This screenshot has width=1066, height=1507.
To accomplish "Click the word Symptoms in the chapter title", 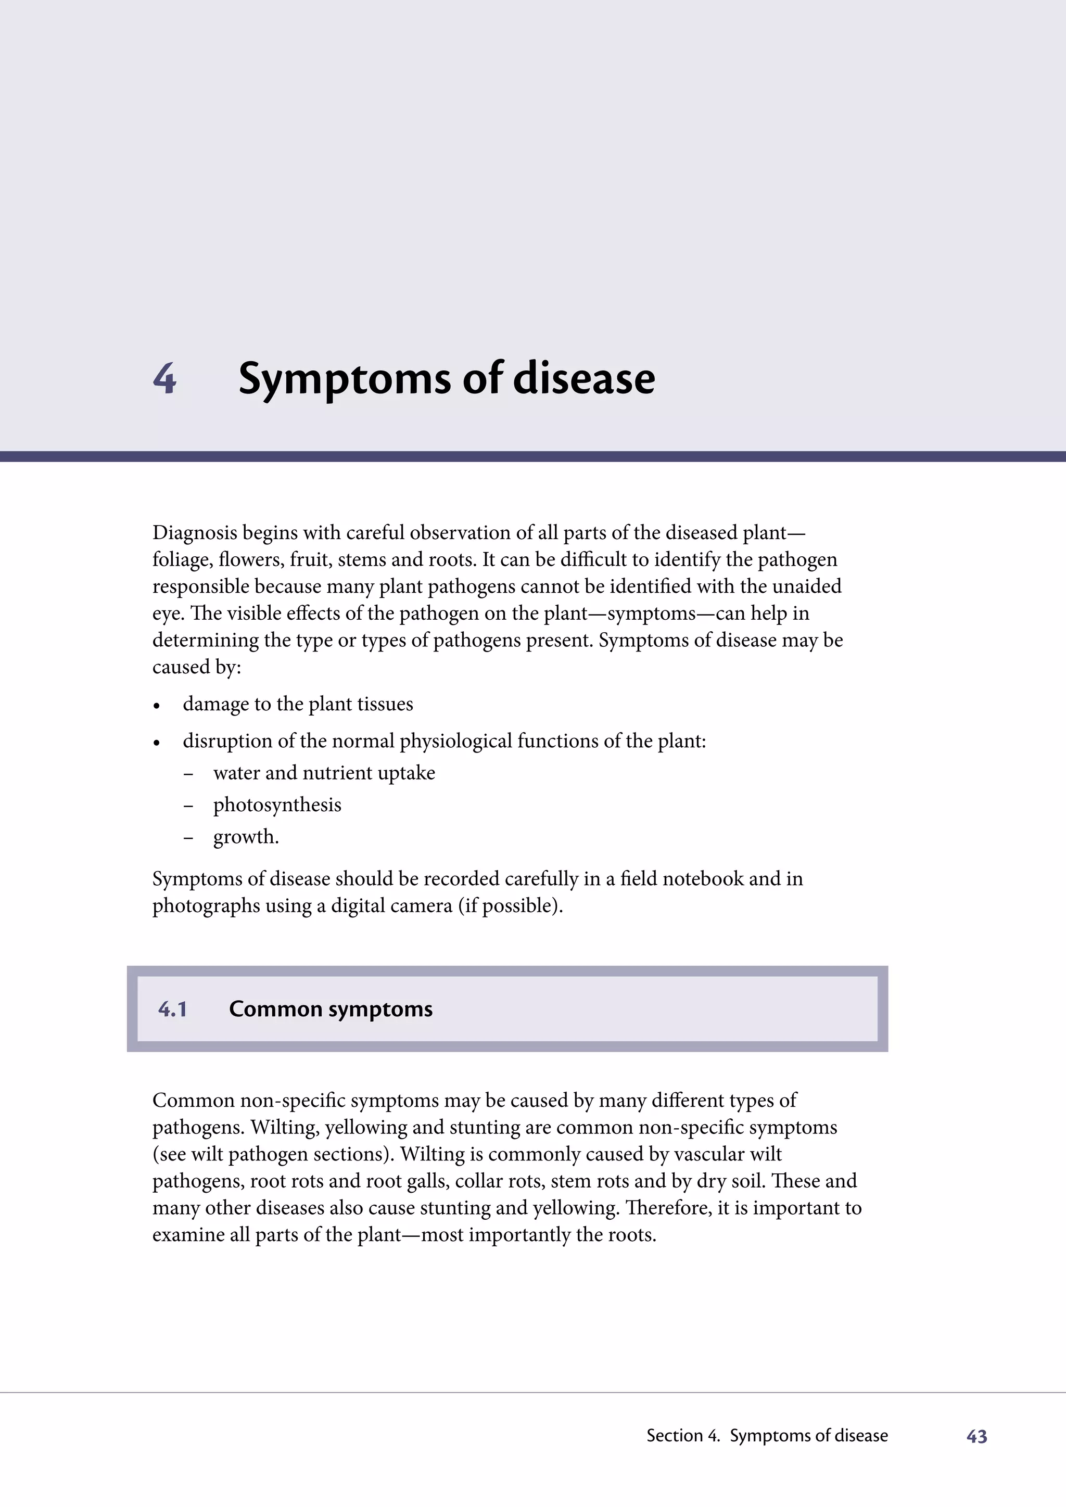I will pyautogui.click(x=345, y=380).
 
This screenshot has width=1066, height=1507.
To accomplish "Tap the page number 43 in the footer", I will pyautogui.click(x=976, y=1437).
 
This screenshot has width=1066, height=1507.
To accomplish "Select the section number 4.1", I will pyautogui.click(x=173, y=1009).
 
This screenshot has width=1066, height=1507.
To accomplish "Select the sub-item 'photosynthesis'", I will pyautogui.click(x=277, y=804).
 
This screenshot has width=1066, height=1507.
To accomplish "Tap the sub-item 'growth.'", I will pyautogui.click(x=246, y=837).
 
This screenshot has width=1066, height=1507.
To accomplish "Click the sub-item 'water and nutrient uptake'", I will pyautogui.click(x=324, y=773).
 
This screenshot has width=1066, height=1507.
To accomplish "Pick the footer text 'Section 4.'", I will pyautogui.click(x=683, y=1436).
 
